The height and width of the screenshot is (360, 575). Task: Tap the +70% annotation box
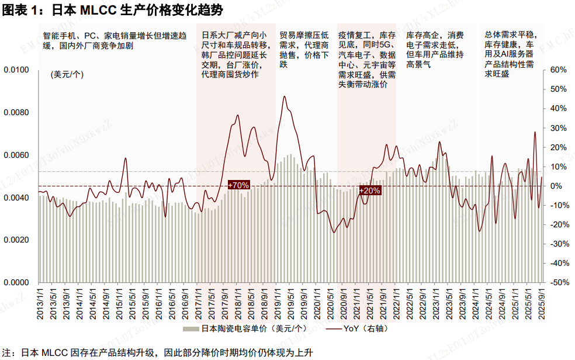tap(238, 185)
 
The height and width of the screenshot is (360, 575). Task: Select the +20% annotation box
tap(369, 191)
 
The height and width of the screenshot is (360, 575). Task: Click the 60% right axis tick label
tap(559, 70)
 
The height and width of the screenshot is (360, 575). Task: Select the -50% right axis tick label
tap(559, 282)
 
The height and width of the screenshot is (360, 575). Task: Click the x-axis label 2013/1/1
tap(41, 303)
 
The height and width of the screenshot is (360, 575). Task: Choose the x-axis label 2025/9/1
tap(542, 303)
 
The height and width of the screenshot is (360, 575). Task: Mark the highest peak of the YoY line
tap(284, 96)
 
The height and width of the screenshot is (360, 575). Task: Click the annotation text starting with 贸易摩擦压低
tap(304, 50)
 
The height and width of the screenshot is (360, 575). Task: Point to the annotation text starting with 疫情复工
tap(366, 60)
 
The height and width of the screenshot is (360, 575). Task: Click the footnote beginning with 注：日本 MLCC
tap(158, 352)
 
